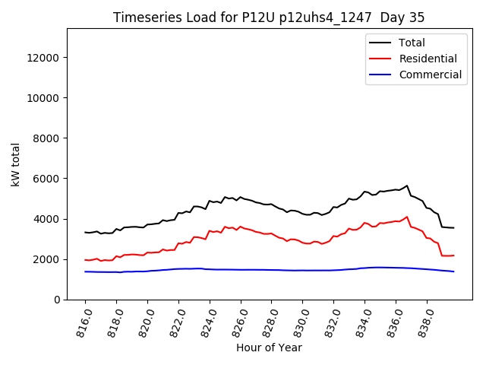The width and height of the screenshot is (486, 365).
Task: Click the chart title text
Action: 269,17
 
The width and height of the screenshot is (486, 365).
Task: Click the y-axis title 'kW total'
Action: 16,164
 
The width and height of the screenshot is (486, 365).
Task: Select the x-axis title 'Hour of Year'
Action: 269,348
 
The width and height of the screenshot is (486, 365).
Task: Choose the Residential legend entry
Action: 428,59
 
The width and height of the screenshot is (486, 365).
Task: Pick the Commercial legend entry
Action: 430,75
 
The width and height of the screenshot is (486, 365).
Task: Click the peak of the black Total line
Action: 407,186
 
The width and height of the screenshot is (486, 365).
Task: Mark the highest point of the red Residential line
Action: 407,217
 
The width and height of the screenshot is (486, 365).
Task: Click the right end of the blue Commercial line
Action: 453,271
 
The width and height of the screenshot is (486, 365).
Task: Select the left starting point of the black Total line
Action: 85,232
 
